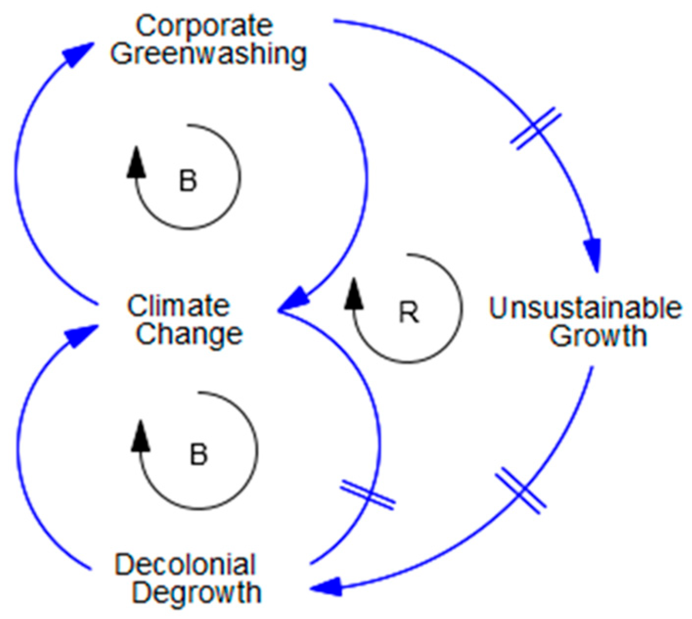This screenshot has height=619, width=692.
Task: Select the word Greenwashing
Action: pyautogui.click(x=208, y=54)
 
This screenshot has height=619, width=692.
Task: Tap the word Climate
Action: pyautogui.click(x=179, y=307)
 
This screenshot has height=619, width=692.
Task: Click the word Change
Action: pyautogui.click(x=189, y=334)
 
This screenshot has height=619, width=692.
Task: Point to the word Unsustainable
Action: pyautogui.click(x=585, y=309)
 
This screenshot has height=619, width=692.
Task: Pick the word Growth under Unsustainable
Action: pyautogui.click(x=598, y=336)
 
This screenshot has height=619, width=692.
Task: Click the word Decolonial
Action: pyautogui.click(x=185, y=565)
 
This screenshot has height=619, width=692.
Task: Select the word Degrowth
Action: pyautogui.click(x=197, y=593)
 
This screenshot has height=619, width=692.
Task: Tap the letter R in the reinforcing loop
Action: pyautogui.click(x=409, y=313)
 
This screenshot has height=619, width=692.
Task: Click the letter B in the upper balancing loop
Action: pyautogui.click(x=188, y=181)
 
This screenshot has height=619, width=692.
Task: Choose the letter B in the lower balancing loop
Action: pyautogui.click(x=199, y=454)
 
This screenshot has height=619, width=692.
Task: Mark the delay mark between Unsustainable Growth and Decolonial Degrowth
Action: pyautogui.click(x=520, y=490)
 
